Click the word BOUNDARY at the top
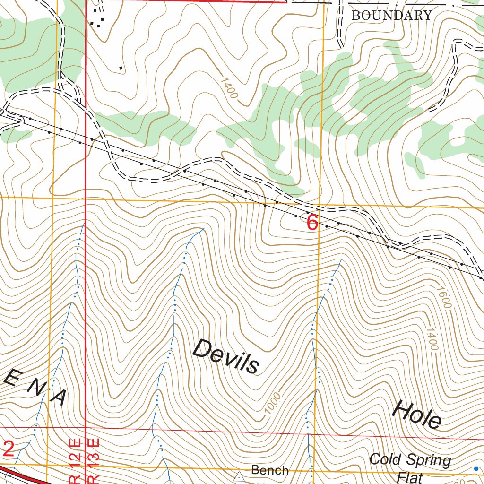point(392,16)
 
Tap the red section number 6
point(312,223)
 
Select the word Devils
point(226,357)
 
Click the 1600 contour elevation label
point(444,298)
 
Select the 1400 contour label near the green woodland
point(229,87)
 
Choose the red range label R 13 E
point(93,461)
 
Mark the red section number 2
point(8,449)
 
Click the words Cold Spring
point(410,460)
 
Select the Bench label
point(269,470)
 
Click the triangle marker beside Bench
point(240,476)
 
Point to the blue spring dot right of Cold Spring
point(476,468)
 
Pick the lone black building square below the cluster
point(121,69)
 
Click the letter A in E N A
point(60,398)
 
